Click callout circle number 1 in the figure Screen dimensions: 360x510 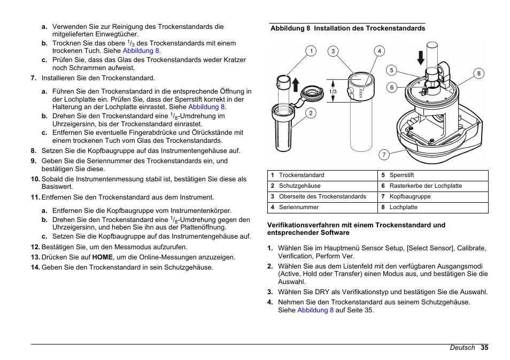[310, 51]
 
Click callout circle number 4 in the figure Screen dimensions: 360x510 [379, 51]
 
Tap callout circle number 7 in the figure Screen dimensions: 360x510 [383, 155]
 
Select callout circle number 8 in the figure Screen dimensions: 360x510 [479, 74]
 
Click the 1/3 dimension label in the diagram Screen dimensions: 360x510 [333, 92]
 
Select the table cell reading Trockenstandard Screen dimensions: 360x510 [302, 175]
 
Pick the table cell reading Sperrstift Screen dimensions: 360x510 [401, 175]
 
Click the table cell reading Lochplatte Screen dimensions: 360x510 [403, 207]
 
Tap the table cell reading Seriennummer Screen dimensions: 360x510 [298, 207]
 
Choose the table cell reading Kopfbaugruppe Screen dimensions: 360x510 [409, 196]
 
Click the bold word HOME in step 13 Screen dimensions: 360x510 [102, 257]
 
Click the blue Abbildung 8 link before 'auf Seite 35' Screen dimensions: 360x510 [315, 310]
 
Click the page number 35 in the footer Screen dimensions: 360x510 [484, 348]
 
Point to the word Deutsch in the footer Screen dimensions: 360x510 [462, 348]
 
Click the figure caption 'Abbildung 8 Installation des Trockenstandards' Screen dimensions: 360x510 [347, 28]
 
